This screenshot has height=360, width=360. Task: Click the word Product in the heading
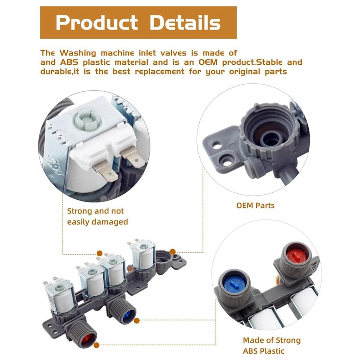coord(96,23)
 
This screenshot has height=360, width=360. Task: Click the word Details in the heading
coord(185,23)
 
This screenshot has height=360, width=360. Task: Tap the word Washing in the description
coord(78,53)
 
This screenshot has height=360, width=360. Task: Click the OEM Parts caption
coord(255,205)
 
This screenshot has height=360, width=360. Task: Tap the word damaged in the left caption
coord(112,222)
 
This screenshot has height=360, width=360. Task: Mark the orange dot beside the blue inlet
coord(137,321)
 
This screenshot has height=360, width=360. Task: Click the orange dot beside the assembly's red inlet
coord(96,345)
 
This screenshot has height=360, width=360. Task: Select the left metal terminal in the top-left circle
coord(105,172)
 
